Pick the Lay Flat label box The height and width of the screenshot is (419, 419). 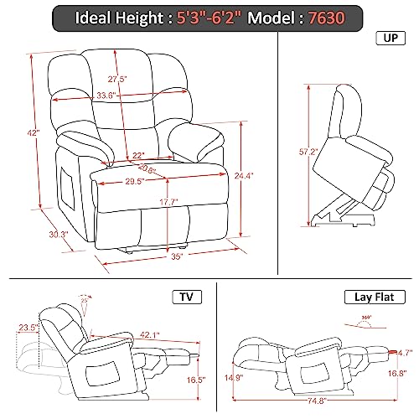pos(375,297)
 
